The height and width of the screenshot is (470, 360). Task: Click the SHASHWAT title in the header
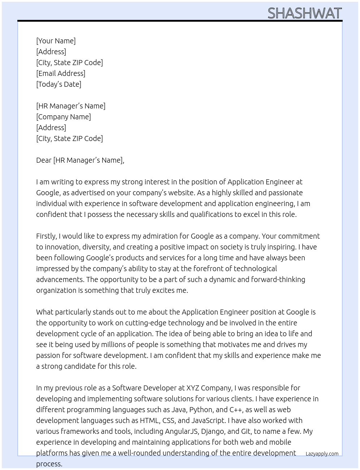[304, 13]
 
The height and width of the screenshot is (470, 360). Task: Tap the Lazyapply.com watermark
[322, 454]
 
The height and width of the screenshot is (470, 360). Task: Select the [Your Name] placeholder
[56, 41]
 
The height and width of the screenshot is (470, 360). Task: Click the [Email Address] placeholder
[61, 73]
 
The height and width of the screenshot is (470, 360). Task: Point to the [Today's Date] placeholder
[59, 84]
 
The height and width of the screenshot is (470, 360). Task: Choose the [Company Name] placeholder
[63, 117]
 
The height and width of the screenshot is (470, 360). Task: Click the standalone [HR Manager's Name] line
[70, 106]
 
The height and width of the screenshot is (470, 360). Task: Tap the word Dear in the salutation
[44, 160]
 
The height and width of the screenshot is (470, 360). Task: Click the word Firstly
[46, 236]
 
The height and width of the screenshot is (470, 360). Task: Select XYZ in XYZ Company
[192, 388]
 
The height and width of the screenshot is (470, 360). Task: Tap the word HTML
[149, 420]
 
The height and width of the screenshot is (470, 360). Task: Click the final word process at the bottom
[49, 464]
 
